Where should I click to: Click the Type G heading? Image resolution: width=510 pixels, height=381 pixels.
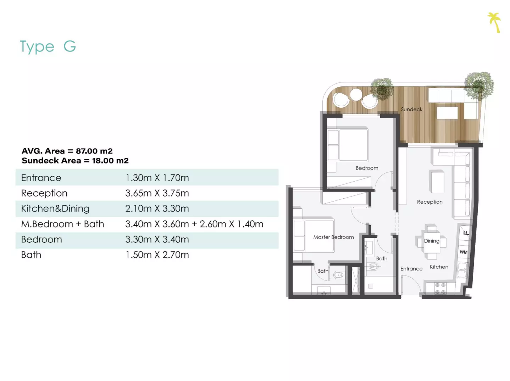coord(48,47)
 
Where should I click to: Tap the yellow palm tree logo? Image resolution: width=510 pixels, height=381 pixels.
coord(494,22)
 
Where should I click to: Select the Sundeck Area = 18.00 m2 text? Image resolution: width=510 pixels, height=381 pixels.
coord(75,161)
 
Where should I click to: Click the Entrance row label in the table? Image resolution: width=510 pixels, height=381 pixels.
coord(41,178)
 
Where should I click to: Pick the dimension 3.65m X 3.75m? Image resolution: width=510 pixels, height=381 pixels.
coord(157,193)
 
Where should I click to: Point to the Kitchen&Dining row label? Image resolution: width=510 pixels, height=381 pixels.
coord(55,209)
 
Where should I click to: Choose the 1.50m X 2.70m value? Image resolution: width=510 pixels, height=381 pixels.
coord(157,255)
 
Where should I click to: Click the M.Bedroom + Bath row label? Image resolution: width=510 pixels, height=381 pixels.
coord(62,224)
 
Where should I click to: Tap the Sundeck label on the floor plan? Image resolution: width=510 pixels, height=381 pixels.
coord(411,109)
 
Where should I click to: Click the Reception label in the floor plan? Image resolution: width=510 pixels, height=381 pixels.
coord(429,202)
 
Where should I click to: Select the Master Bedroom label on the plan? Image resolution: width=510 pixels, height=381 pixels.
coord(333,237)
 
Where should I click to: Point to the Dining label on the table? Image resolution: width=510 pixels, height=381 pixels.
coord(432,241)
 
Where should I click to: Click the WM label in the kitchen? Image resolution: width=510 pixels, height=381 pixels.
coord(464,252)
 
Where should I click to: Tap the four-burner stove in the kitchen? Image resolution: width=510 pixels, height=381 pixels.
coord(440,288)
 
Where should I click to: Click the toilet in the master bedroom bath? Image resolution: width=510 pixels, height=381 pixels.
coord(339,275)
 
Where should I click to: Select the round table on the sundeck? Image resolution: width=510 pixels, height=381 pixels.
coord(356,95)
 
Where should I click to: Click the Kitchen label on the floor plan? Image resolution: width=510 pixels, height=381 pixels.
coord(439,267)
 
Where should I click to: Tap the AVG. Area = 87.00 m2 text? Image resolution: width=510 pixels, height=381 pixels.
coord(67,151)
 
